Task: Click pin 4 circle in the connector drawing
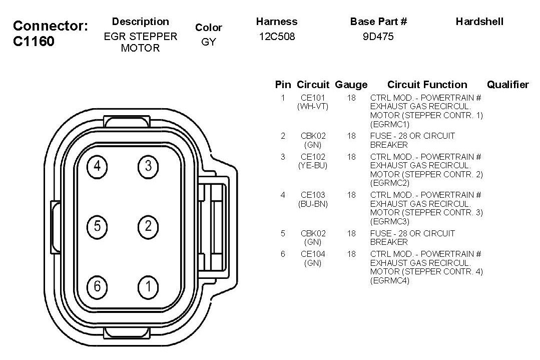pyautogui.click(x=97, y=167)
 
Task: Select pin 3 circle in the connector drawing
pyautogui.click(x=148, y=167)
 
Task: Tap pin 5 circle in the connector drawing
pyautogui.click(x=97, y=227)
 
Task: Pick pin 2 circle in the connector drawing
pyautogui.click(x=148, y=227)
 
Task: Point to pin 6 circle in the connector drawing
pyautogui.click(x=97, y=286)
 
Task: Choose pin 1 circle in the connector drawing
pyautogui.click(x=148, y=286)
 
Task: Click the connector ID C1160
pyautogui.click(x=34, y=42)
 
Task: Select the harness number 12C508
pyautogui.click(x=277, y=37)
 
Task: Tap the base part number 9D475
pyautogui.click(x=378, y=37)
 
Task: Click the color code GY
pyautogui.click(x=209, y=42)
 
